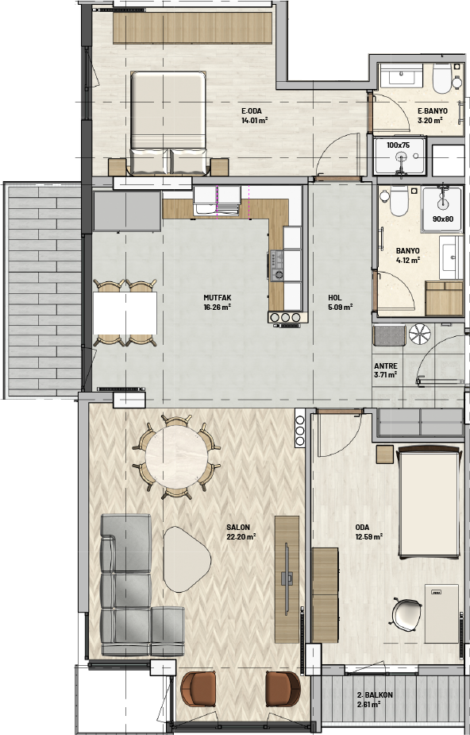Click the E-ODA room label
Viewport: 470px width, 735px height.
[x=252, y=111]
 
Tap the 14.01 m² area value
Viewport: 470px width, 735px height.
[x=254, y=121]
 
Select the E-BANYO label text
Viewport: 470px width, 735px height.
[x=432, y=111]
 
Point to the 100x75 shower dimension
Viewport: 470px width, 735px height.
[x=398, y=145]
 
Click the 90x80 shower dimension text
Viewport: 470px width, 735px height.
[x=442, y=219]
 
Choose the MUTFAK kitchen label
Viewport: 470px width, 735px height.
[x=218, y=298]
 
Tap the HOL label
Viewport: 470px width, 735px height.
[x=335, y=298]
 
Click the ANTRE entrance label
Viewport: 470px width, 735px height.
[x=386, y=366]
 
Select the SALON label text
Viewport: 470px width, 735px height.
[x=238, y=528]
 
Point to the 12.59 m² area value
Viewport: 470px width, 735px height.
[x=369, y=536]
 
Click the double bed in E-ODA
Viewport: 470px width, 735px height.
[x=168, y=123]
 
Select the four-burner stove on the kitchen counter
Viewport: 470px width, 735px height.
[x=276, y=265]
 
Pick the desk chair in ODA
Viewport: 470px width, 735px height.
[x=405, y=614]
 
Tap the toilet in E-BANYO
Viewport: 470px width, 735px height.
[x=441, y=78]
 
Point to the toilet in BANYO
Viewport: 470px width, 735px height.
[x=399, y=201]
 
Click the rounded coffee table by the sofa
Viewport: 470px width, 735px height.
[x=187, y=559]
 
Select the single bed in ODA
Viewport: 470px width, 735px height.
[x=429, y=502]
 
